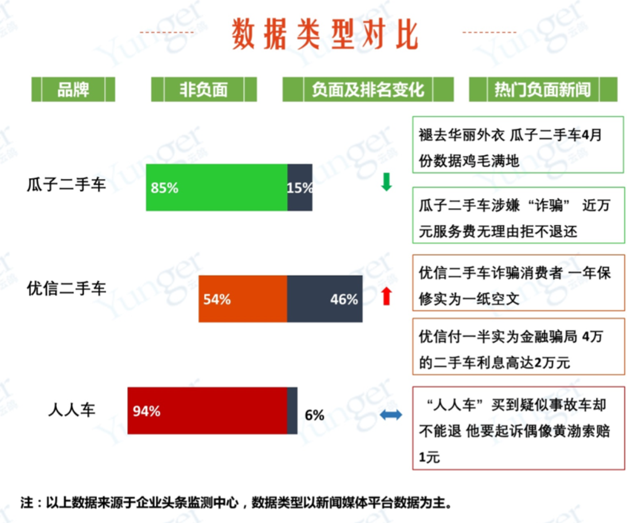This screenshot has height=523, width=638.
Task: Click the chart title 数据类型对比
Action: click(324, 34)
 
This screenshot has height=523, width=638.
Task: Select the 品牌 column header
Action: click(73, 89)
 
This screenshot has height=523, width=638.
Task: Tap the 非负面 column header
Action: click(204, 89)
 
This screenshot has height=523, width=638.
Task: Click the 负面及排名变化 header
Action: click(368, 89)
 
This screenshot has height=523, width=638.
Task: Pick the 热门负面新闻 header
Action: click(543, 89)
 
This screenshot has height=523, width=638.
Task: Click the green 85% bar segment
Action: click(217, 188)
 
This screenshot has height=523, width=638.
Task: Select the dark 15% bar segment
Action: click(300, 188)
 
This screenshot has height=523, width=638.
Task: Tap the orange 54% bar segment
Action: click(243, 299)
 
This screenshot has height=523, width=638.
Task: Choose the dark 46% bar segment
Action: click(324, 299)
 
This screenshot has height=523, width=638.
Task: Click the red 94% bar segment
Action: click(207, 411)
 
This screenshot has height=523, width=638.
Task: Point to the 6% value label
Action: click(315, 415)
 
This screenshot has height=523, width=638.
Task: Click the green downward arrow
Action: click(386, 182)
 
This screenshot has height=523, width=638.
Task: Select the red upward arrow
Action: click(386, 296)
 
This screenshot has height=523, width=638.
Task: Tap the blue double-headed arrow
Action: click(390, 415)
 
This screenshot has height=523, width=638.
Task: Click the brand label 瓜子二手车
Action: click(66, 185)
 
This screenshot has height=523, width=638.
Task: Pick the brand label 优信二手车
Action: click(66, 288)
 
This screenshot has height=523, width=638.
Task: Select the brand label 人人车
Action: click(72, 409)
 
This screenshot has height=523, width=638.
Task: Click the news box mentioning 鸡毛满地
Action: click(518, 145)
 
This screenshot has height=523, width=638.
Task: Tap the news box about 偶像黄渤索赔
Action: click(518, 428)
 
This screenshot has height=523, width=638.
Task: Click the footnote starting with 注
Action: click(237, 503)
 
